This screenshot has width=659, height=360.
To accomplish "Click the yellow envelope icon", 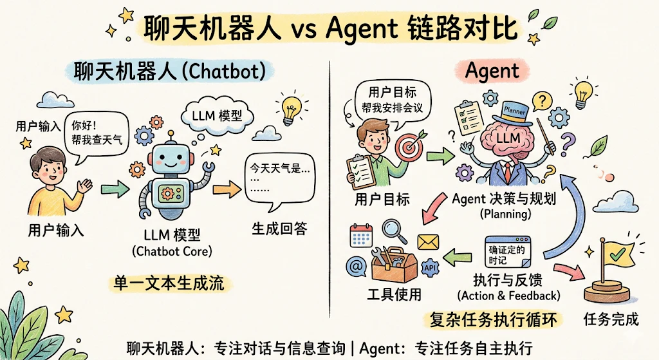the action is [428, 243].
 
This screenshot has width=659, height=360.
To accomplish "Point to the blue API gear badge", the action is [429, 268].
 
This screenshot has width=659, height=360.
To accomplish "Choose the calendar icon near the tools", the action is [361, 236].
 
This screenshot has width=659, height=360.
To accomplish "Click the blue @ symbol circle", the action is [357, 266].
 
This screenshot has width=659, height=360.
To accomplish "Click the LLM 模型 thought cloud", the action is [217, 115].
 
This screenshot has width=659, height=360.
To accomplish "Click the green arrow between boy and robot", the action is [115, 189].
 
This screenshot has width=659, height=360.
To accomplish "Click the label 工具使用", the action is [394, 294].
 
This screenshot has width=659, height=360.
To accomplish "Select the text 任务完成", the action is [611, 319].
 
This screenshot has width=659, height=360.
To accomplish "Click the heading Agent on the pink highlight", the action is [492, 71].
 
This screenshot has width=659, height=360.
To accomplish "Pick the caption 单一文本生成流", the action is [169, 283].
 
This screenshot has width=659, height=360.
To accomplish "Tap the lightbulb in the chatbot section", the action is [291, 110].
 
